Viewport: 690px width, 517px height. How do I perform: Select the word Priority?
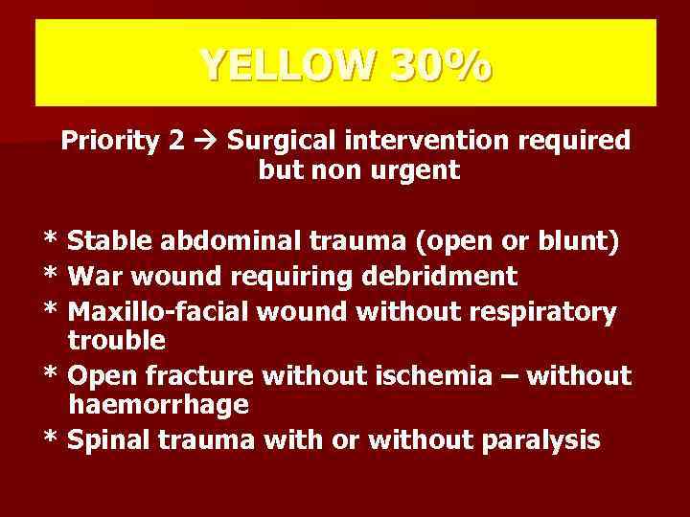(109, 141)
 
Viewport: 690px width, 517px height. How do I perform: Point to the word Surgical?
(274, 141)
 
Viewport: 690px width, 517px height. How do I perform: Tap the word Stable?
(110, 241)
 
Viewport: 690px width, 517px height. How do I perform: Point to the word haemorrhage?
(159, 404)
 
